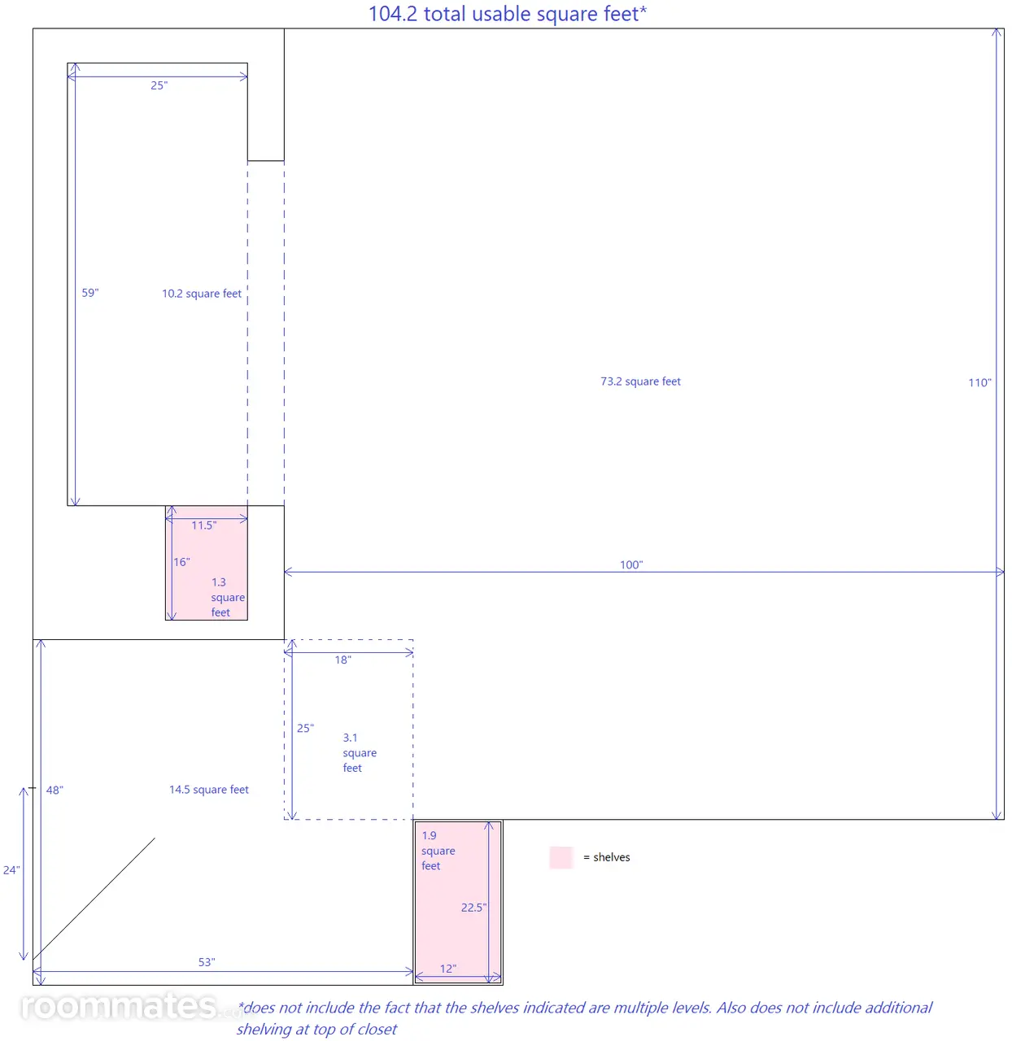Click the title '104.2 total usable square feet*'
pos(507,14)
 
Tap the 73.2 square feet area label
pos(640,381)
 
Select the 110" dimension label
pos(979,382)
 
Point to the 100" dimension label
pos(631,564)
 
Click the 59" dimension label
pos(90,293)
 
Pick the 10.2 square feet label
pos(202,293)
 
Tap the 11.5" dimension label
pos(204,525)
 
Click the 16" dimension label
pos(181,562)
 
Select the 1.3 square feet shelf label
pos(228,597)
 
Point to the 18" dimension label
pos(343,660)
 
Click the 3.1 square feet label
pos(360,752)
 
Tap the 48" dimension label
pos(55,790)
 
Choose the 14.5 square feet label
pos(209,790)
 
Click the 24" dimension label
pos(11,870)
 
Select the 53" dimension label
pos(207,962)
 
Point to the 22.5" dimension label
pos(473,908)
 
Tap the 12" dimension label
pos(448,969)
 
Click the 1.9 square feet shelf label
pos(438,850)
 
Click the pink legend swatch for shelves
pos(561,857)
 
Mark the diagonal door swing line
pos(94,899)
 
